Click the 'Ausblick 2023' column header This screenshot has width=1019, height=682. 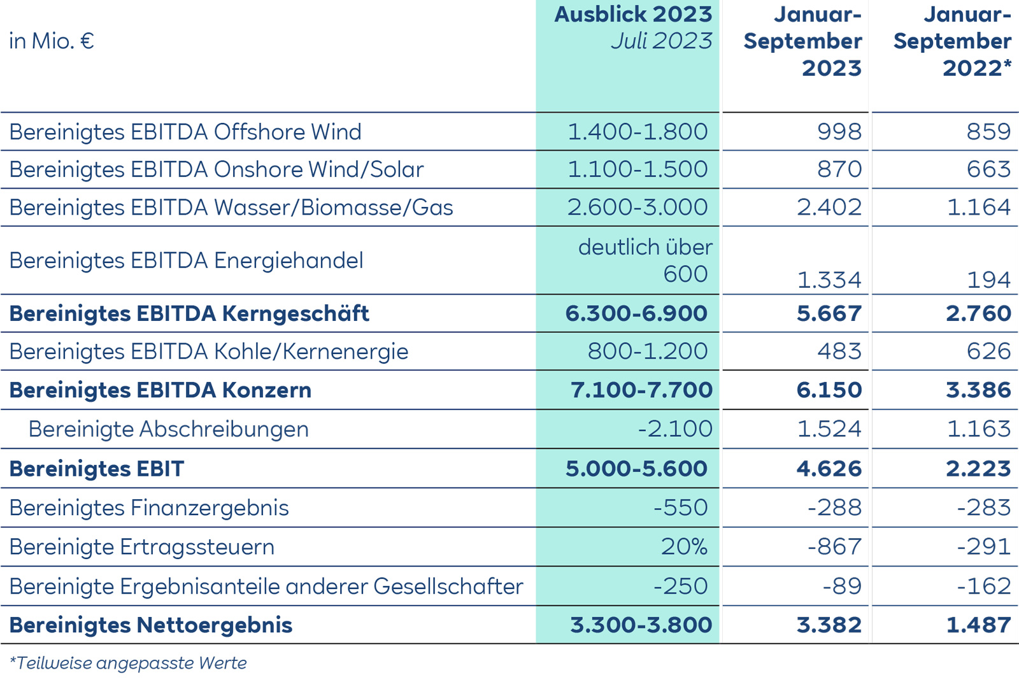click(633, 15)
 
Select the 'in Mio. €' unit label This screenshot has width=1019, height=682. click(52, 41)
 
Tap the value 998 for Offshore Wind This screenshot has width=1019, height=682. click(839, 132)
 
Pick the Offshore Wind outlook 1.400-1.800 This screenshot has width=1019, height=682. click(638, 132)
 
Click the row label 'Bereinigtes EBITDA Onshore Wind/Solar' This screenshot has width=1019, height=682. click(217, 169)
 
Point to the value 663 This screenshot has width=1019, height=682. click(988, 169)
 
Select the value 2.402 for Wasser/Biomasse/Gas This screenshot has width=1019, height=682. click(829, 207)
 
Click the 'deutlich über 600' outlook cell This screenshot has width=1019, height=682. click(645, 260)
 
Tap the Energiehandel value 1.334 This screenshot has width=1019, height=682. click(829, 280)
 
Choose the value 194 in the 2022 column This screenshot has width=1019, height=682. click(988, 280)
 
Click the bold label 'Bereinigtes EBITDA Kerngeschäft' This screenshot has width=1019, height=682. click(189, 313)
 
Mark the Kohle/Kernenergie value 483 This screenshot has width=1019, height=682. click(839, 351)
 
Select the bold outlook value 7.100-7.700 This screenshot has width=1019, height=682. click(641, 390)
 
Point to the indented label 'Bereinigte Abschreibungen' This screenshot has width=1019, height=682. click(169, 429)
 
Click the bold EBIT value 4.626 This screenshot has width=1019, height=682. click(829, 469)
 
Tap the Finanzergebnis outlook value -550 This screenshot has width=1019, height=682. click(680, 508)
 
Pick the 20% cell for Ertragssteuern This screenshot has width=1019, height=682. click(684, 547)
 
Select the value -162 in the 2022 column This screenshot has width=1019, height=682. click(984, 586)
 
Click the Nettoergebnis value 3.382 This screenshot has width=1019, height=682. click(829, 625)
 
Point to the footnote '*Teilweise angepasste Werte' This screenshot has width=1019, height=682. click(128, 664)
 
